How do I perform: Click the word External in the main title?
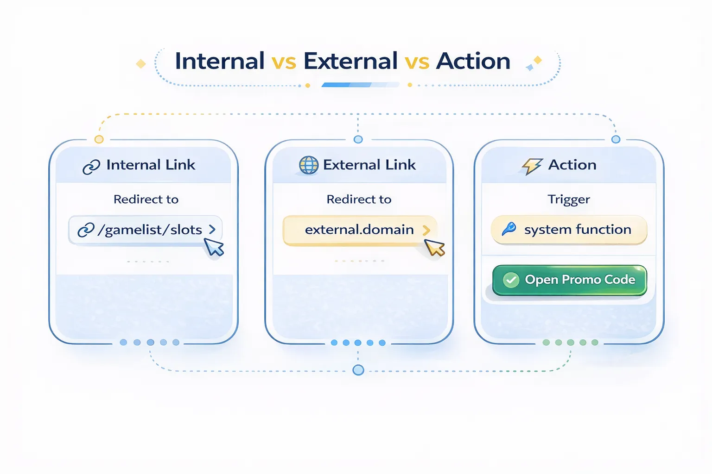pyautogui.click(x=350, y=61)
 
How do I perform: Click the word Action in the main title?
pyautogui.click(x=473, y=61)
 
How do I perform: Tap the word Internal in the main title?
pyautogui.click(x=220, y=61)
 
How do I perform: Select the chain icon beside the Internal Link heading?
pyautogui.click(x=91, y=167)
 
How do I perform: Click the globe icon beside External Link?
pyautogui.click(x=309, y=165)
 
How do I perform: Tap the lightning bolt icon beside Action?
pyautogui.click(x=532, y=165)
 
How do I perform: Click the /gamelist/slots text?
pyautogui.click(x=150, y=230)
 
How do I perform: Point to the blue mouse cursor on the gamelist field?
pyautogui.click(x=214, y=247)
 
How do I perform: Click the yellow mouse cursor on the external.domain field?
pyautogui.click(x=435, y=248)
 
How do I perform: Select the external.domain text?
pyautogui.click(x=359, y=230)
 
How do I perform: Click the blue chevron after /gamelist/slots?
pyautogui.click(x=212, y=229)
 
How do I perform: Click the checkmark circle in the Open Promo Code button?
pyautogui.click(x=511, y=280)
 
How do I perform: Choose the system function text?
pyautogui.click(x=578, y=230)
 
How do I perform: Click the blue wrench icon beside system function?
pyautogui.click(x=509, y=229)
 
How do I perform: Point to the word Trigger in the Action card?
pyautogui.click(x=569, y=200)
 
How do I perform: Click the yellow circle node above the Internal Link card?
pyautogui.click(x=99, y=139)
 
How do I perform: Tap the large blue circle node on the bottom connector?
pyautogui.click(x=358, y=370)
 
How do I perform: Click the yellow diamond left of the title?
pyautogui.click(x=141, y=64)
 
